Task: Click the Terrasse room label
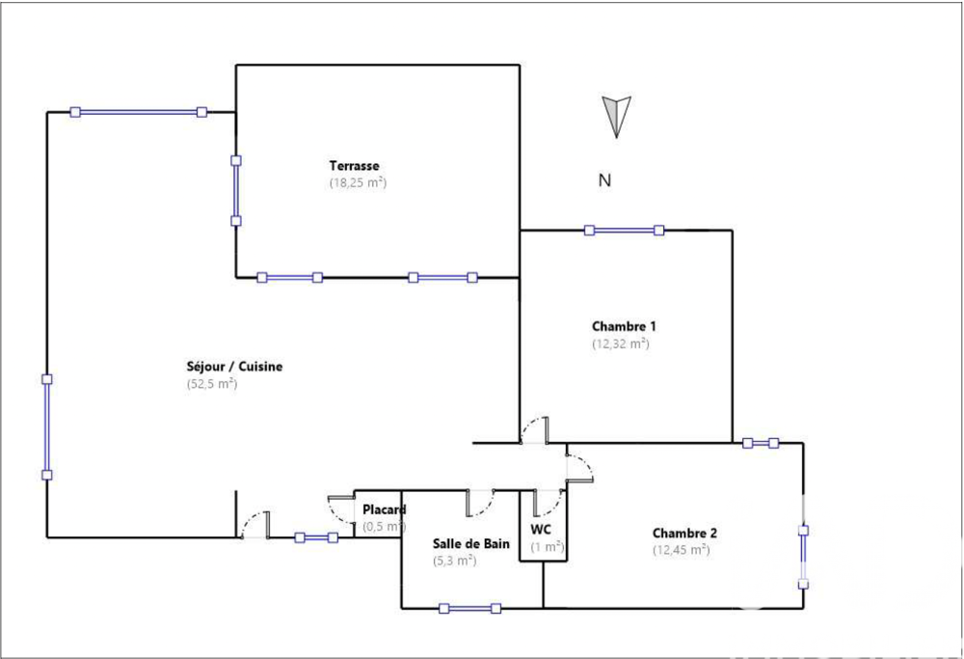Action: [353, 165]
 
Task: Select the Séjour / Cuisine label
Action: [233, 367]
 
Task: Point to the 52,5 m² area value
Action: [211, 384]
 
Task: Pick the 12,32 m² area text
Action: [620, 343]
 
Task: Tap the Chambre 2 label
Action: [684, 533]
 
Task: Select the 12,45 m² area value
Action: [681, 550]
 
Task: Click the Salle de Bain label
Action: [470, 543]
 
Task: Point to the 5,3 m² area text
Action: [453, 560]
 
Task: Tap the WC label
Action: [540, 529]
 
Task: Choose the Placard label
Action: [384, 509]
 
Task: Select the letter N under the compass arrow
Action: [604, 179]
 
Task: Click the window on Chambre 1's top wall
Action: [624, 230]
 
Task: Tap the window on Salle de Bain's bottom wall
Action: [469, 608]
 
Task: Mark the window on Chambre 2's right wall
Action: [803, 557]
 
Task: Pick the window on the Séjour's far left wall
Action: [46, 426]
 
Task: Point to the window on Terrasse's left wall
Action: [236, 190]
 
